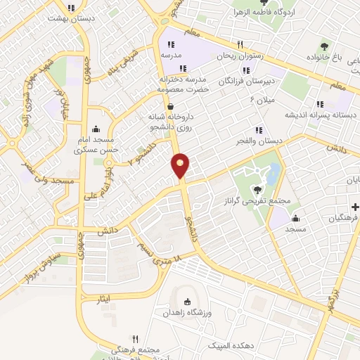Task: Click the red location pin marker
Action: tap(181, 165)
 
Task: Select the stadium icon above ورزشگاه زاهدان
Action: tap(186, 300)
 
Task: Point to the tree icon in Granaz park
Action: tap(258, 188)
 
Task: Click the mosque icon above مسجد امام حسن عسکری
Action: tap(96, 129)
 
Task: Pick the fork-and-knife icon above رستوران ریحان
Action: tap(240, 44)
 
